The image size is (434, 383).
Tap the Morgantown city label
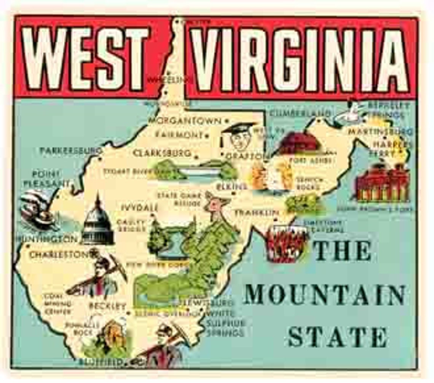184,121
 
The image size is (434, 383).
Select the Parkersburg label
71,151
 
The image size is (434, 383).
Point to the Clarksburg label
162,153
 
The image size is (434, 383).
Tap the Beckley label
107,306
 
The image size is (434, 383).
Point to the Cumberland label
300,113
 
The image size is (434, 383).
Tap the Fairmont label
179,135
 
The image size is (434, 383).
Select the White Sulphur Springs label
225,323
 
